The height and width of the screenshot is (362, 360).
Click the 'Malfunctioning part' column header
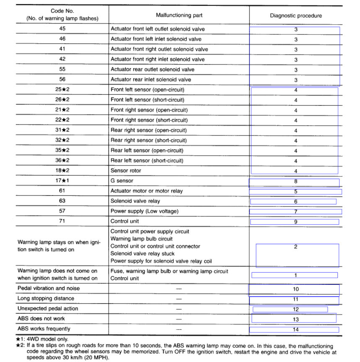coord(179,16)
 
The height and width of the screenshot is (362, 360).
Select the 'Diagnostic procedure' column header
coord(296,16)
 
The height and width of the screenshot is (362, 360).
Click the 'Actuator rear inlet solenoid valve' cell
coord(150,80)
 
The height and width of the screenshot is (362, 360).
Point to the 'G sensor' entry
coord(122,181)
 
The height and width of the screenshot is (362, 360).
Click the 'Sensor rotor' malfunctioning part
coord(126,171)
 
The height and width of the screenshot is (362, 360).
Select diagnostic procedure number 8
coord(295,181)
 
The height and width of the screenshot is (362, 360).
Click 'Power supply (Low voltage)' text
coord(145,211)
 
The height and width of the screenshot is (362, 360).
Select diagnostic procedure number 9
coord(295,221)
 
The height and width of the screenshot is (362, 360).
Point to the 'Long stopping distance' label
coord(46,299)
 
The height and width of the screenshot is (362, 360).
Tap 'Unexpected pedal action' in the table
coord(47,309)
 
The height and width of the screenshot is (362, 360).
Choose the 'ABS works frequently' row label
coord(44,329)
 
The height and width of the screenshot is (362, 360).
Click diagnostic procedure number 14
coord(295,329)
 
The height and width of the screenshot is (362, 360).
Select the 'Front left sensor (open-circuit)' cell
coord(147,90)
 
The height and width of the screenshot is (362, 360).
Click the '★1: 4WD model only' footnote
coord(42,339)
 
